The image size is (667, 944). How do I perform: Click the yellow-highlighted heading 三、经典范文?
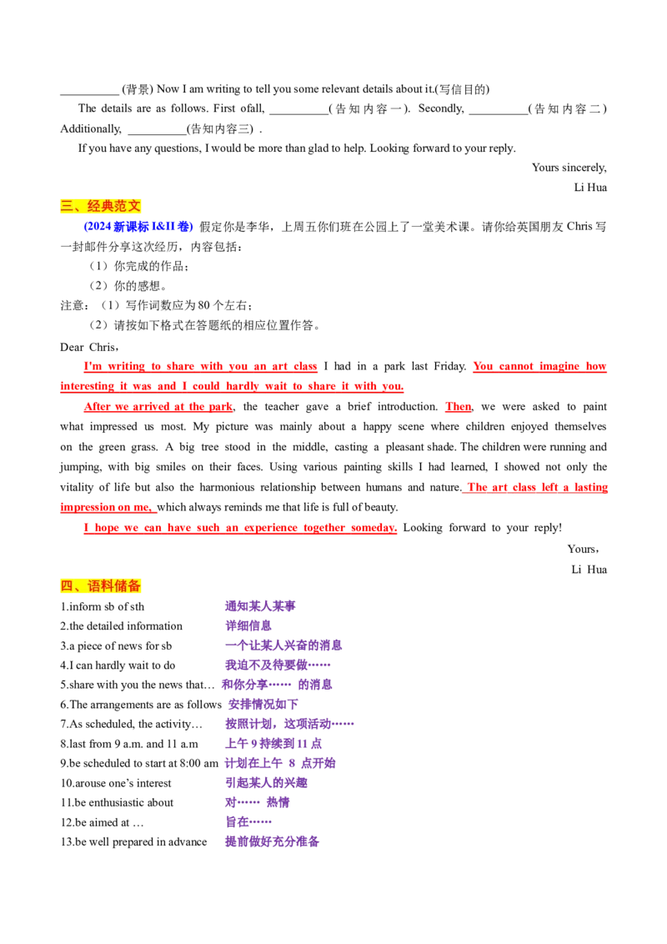click(x=101, y=206)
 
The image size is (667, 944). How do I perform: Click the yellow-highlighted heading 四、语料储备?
click(x=101, y=585)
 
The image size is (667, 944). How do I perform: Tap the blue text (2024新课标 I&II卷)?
click(x=138, y=227)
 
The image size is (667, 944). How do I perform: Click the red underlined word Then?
click(x=458, y=407)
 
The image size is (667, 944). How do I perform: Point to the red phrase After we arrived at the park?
click(x=158, y=407)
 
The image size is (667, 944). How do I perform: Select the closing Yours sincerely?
click(x=569, y=168)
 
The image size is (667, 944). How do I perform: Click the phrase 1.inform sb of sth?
click(x=103, y=607)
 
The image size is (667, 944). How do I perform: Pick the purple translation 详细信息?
click(x=248, y=626)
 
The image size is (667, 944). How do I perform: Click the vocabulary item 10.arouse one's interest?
click(x=116, y=783)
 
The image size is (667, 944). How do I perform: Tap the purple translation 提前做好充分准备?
click(x=272, y=841)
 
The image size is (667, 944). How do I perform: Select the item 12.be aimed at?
click(x=102, y=822)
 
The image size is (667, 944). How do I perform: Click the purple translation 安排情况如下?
click(x=263, y=705)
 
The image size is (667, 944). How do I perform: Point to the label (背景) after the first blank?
click(x=138, y=90)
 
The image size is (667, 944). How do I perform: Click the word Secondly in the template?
click(x=441, y=109)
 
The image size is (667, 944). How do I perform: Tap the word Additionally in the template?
click(x=91, y=128)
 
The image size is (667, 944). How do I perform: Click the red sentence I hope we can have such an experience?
click(x=240, y=528)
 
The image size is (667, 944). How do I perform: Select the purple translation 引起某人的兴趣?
click(x=266, y=783)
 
